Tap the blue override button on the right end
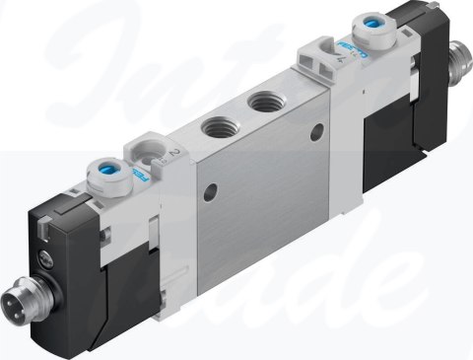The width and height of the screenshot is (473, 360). point(376,23)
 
